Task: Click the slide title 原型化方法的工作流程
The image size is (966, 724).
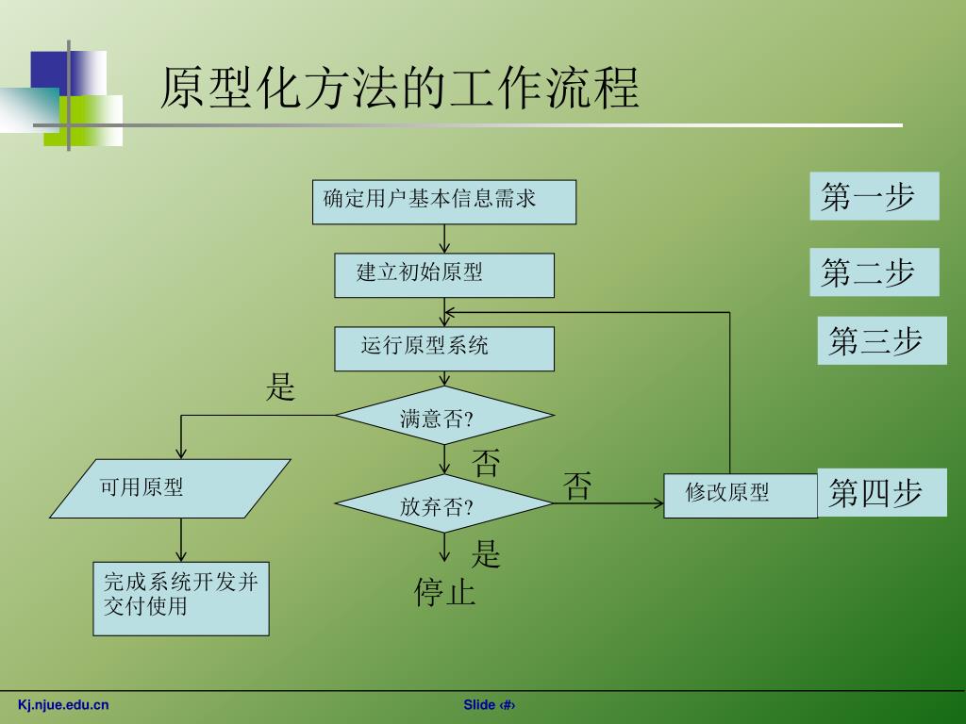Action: pyautogui.click(x=399, y=90)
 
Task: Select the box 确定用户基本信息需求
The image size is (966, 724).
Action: pyautogui.click(x=443, y=202)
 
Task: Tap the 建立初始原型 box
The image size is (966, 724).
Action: pyautogui.click(x=443, y=274)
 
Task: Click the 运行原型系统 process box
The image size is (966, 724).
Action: pyautogui.click(x=443, y=348)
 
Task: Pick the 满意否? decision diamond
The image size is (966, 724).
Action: pyautogui.click(x=443, y=416)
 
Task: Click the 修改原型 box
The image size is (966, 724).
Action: pyautogui.click(x=740, y=495)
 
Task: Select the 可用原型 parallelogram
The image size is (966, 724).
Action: pyautogui.click(x=170, y=488)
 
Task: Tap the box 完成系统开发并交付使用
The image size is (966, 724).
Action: pyautogui.click(x=181, y=598)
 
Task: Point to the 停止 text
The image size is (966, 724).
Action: pyautogui.click(x=444, y=592)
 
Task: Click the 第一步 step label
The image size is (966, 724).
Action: pyautogui.click(x=874, y=196)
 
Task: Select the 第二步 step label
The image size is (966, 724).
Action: pyautogui.click(x=874, y=271)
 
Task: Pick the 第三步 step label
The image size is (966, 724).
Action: pyautogui.click(x=881, y=340)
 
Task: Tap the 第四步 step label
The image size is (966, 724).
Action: pyautogui.click(x=881, y=492)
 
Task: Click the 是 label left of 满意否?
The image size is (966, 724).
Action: pyautogui.click(x=281, y=387)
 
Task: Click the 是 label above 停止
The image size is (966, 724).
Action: pyautogui.click(x=486, y=553)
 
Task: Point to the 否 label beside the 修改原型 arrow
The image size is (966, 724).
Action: pyautogui.click(x=577, y=485)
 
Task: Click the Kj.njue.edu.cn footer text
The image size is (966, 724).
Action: pyautogui.click(x=63, y=704)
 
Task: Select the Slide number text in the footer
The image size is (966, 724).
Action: pyautogui.click(x=490, y=705)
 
